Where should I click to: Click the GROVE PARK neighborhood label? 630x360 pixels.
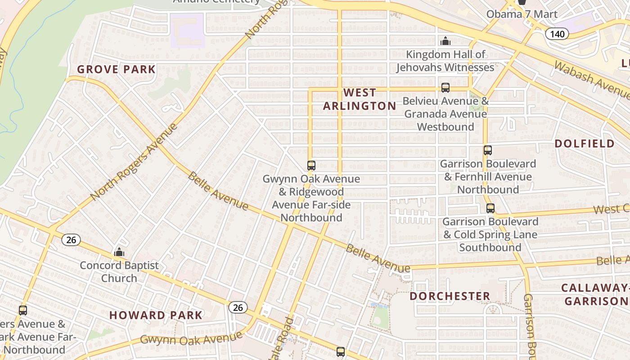(x=116, y=69)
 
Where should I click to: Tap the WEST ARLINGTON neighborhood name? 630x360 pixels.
(x=360, y=99)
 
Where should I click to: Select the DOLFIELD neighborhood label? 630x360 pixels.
(x=585, y=144)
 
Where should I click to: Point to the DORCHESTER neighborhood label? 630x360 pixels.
(x=450, y=296)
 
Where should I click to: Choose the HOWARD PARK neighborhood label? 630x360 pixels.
(x=156, y=315)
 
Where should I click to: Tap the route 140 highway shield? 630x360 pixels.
(x=557, y=34)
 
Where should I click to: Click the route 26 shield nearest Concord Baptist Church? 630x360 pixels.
(x=71, y=240)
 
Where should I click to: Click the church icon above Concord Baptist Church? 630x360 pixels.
(x=119, y=252)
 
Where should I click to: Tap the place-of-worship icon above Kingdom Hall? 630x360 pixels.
(x=445, y=41)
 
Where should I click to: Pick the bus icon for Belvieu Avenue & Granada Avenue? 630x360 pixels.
(x=445, y=88)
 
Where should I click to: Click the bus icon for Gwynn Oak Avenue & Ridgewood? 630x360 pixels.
(x=311, y=165)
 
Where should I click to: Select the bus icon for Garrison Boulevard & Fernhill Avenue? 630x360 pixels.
(x=488, y=150)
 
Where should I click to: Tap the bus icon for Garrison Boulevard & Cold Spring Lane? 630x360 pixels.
(x=490, y=208)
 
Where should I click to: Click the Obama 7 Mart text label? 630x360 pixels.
(x=522, y=14)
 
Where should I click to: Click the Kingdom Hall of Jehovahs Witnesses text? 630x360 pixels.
(x=445, y=61)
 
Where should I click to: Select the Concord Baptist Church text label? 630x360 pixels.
(x=119, y=272)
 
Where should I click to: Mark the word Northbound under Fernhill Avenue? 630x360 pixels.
(x=488, y=190)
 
